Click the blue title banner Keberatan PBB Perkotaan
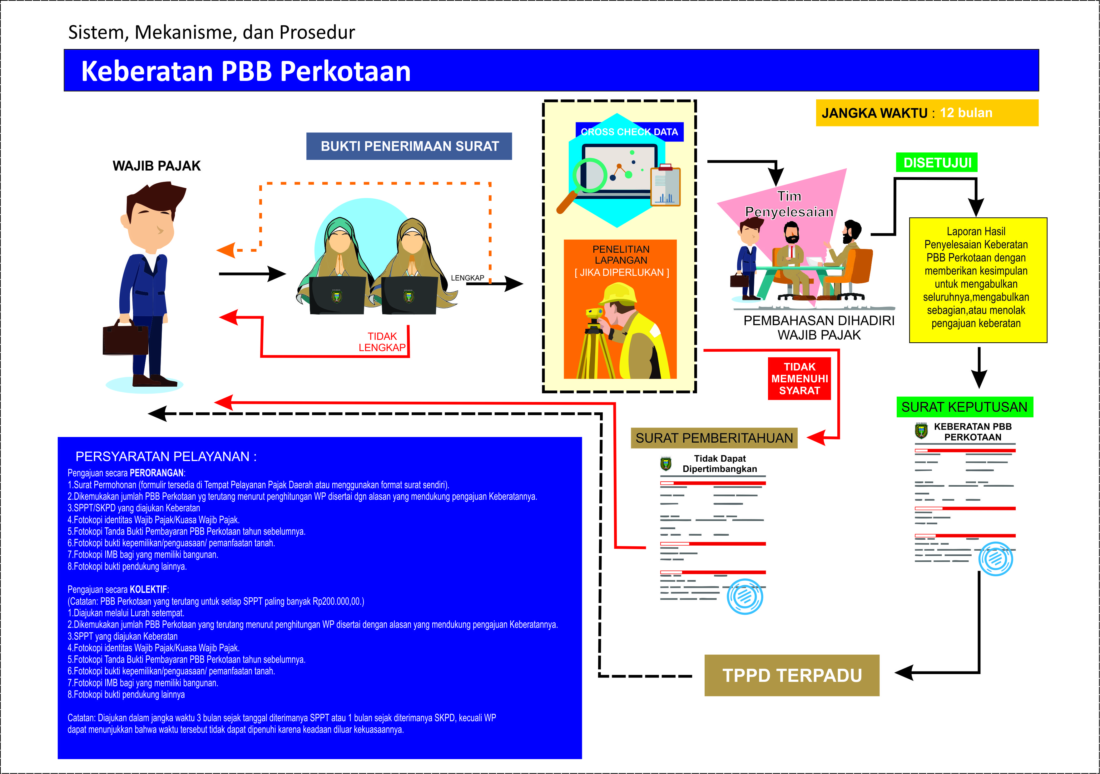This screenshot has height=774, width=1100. tap(551, 71)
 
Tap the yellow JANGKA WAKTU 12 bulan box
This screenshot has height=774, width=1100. tap(927, 113)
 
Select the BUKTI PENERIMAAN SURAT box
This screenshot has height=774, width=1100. tap(409, 146)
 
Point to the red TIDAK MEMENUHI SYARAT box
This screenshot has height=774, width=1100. tap(799, 379)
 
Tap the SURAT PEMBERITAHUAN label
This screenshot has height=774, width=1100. tap(714, 438)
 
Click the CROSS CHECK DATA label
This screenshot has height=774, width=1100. tap(629, 132)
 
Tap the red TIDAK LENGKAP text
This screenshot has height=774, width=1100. tap(382, 342)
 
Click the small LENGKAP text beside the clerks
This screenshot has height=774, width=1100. tap(467, 278)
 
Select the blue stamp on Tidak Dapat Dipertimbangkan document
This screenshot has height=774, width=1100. tap(745, 596)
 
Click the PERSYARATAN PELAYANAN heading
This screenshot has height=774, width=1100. tap(166, 456)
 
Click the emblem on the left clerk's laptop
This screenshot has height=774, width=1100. tap(336, 296)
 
